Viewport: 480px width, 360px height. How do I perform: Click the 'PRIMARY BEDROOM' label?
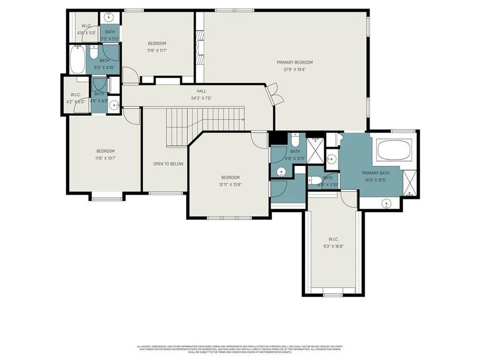[294, 62]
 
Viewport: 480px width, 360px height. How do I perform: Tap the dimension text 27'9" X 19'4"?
[294, 69]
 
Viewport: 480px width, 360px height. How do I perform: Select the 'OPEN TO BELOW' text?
[168, 164]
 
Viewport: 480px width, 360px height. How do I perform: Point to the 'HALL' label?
[201, 91]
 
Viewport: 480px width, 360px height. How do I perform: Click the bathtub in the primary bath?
[394, 150]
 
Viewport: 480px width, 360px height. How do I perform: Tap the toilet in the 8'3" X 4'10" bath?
[94, 53]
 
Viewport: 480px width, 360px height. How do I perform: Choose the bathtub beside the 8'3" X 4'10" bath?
[77, 60]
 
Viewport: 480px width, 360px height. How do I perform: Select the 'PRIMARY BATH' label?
[375, 173]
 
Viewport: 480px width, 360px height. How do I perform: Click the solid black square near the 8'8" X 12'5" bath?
[277, 138]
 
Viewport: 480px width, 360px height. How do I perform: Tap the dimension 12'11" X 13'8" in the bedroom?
[230, 185]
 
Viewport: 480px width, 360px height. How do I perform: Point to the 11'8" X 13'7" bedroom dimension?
[106, 158]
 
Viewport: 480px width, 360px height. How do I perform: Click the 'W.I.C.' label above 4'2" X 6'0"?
[75, 95]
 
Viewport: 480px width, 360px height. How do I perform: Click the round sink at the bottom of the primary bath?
[386, 203]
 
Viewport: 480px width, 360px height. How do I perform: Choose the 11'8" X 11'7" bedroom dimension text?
[157, 50]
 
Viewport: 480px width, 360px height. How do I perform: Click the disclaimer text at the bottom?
[240, 349]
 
